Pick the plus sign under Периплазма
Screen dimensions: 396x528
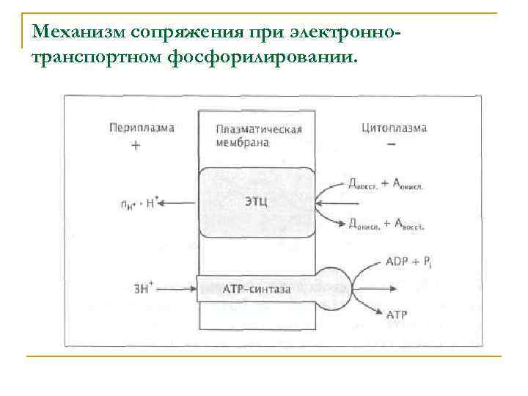click(136, 145)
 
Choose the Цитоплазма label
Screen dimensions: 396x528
click(394, 128)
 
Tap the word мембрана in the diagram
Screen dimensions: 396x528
click(243, 144)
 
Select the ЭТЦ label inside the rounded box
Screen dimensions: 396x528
click(256, 200)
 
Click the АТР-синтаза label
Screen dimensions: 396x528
click(256, 290)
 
